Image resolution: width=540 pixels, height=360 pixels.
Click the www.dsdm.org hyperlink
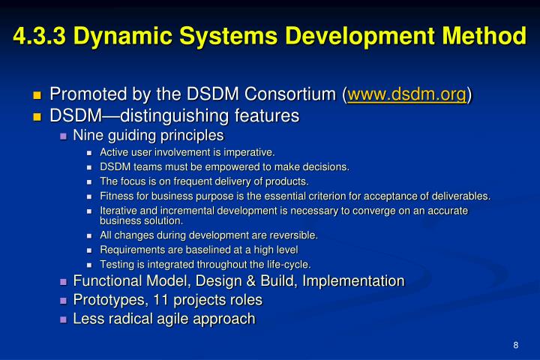click(x=406, y=95)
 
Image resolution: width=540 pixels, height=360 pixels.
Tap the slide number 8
click(x=516, y=344)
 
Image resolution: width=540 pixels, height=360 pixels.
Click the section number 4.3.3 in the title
click(x=38, y=35)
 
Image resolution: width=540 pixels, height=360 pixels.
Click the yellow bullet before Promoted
click(x=37, y=96)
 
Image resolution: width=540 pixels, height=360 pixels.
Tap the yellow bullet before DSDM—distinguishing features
click(x=37, y=116)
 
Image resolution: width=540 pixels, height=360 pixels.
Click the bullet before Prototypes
click(x=64, y=301)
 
